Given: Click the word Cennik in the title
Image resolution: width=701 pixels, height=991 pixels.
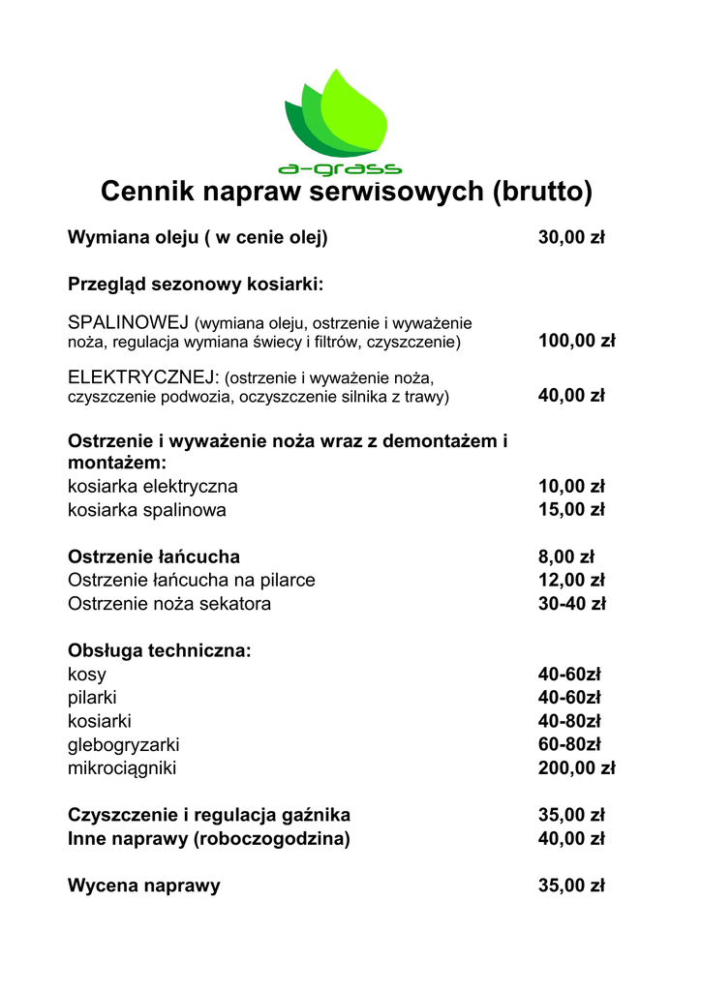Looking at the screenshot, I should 147,192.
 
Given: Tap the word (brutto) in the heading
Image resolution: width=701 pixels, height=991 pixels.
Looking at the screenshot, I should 542,192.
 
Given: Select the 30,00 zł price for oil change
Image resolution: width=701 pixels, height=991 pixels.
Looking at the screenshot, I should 571,238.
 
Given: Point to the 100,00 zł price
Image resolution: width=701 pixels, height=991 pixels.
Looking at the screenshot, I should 576,342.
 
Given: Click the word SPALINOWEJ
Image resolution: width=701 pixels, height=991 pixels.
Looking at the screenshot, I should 129,323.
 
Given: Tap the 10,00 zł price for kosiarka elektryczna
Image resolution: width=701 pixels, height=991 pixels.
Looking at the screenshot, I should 571,486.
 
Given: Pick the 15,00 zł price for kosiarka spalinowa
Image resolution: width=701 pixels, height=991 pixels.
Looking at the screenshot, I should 571,509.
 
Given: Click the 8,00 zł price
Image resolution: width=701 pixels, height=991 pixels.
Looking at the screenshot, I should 565,556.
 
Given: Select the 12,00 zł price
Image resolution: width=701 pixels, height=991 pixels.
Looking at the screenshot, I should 571,580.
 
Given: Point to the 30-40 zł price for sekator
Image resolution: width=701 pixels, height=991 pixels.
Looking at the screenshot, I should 571,604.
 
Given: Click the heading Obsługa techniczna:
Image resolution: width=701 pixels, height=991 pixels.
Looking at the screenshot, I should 160,651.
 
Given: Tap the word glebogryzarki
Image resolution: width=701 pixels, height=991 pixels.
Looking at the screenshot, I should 123,745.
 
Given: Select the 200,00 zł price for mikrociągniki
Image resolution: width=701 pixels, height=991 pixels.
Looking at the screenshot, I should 576,769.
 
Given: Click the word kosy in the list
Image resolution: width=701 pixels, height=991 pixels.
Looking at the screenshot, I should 87,675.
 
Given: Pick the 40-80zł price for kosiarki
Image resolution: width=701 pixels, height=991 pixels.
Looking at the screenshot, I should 569,722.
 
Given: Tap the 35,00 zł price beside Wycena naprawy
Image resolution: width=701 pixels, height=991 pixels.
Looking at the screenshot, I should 571,886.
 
